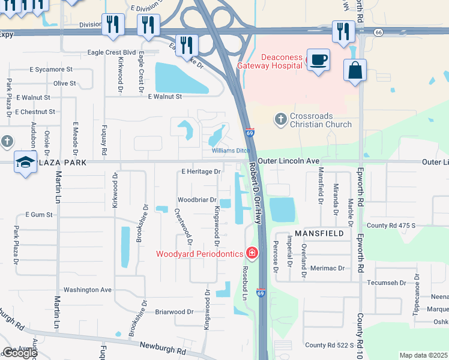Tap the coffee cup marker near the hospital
click(x=319, y=59)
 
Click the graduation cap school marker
click(x=25, y=162)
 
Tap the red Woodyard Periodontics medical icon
click(x=252, y=254)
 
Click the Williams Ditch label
click(x=231, y=151)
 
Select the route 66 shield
click(x=378, y=32)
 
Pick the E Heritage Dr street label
click(x=201, y=172)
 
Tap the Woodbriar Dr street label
click(x=196, y=200)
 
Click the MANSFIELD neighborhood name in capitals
click(x=319, y=233)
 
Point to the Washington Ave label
click(x=88, y=289)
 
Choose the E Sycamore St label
click(x=51, y=70)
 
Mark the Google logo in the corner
click(x=19, y=353)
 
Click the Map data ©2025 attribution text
click(x=423, y=355)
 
